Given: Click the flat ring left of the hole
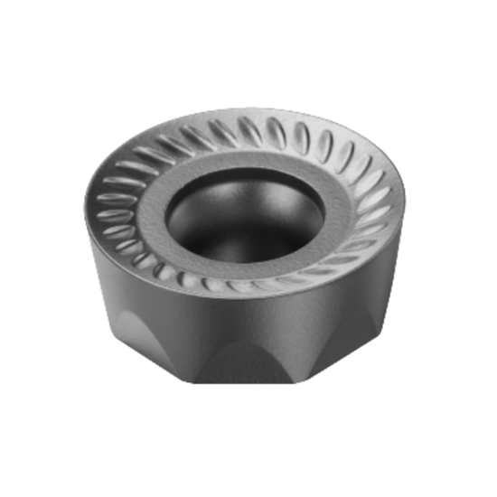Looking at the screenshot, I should pyautogui.click(x=152, y=212).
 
